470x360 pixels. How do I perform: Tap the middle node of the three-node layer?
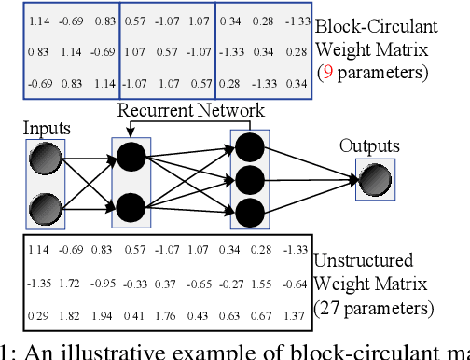tap(249, 178)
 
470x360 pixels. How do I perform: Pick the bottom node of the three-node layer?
tap(249, 212)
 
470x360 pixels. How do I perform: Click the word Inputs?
tap(47, 126)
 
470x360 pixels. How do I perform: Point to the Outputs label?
tap(369, 146)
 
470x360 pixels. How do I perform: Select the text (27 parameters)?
tap(373, 307)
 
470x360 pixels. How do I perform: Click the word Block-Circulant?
tap(370, 25)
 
